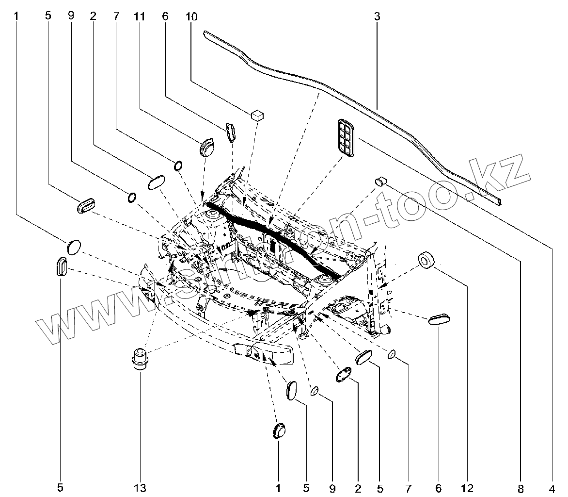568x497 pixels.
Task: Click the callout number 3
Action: coord(377,16)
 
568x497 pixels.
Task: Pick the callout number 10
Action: coord(191,16)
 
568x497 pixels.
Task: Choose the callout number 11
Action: coord(140,16)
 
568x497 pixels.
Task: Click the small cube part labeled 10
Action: coord(257,115)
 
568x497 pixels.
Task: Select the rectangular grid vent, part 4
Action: coord(345,138)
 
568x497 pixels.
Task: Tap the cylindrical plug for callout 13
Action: coord(140,359)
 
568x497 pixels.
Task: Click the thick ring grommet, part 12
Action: coord(426,260)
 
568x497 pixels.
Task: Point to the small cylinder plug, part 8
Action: coord(381,182)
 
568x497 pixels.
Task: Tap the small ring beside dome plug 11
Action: coord(178,166)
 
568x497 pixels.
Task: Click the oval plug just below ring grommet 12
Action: coord(440,320)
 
